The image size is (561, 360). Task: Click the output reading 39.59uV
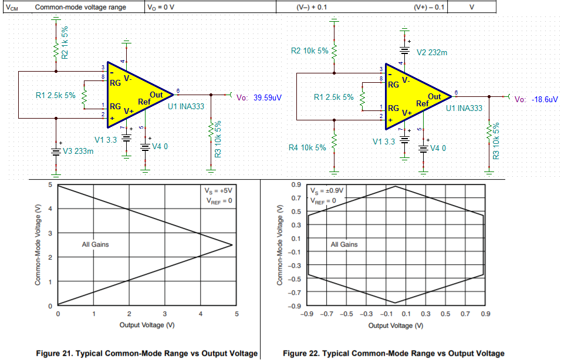point(268,98)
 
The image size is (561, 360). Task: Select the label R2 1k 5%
point(65,42)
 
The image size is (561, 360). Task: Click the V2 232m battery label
point(431,52)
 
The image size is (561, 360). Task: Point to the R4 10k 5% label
point(308,147)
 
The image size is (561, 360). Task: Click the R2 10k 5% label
point(310,51)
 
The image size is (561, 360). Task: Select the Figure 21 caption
point(147,353)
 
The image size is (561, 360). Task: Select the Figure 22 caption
point(393,353)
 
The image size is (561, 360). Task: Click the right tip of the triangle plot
point(233,245)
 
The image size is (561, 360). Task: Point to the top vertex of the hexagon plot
point(395,186)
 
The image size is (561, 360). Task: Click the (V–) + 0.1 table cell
point(314,8)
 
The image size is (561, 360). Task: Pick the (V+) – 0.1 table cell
point(430,8)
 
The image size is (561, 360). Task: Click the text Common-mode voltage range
point(75,8)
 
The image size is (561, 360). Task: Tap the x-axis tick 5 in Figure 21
point(237,314)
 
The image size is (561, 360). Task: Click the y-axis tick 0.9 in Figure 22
point(297,184)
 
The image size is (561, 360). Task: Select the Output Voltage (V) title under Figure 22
point(394,325)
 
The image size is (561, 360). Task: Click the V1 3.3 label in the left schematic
point(106,140)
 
